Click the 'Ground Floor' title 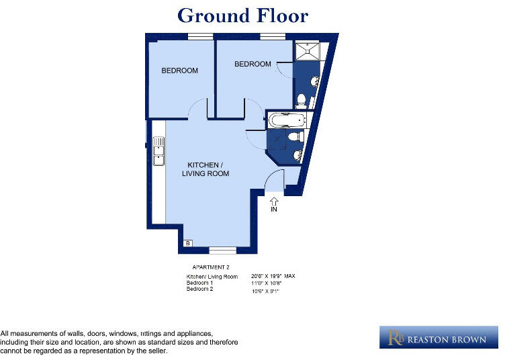[242, 15]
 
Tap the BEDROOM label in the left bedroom [179, 71]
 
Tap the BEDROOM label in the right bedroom [252, 64]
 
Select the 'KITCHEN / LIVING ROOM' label [205, 169]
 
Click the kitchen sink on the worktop [158, 151]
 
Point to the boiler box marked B [187, 243]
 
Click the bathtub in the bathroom [287, 121]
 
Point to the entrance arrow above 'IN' [274, 199]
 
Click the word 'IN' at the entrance [274, 210]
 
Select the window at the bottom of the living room [222, 250]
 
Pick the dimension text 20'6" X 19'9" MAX [273, 276]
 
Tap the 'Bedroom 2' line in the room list [199, 289]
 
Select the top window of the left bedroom [200, 36]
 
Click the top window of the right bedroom [273, 36]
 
